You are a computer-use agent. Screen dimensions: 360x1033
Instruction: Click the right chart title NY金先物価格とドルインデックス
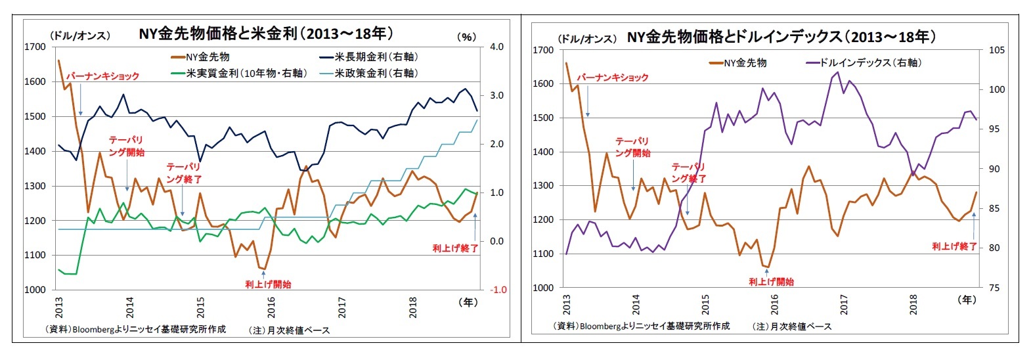(781, 37)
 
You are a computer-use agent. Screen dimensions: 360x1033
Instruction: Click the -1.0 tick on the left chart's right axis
(498, 290)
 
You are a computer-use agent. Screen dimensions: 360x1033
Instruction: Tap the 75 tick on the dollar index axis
(994, 288)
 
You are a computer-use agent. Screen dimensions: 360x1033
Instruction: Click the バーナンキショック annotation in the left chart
(102, 76)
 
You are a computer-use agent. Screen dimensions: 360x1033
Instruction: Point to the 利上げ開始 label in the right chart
(771, 282)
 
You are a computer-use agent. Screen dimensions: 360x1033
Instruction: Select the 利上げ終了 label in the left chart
(454, 248)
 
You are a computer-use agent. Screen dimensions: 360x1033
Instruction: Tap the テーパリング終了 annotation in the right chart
(688, 173)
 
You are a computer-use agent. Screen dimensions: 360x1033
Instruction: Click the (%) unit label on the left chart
(466, 37)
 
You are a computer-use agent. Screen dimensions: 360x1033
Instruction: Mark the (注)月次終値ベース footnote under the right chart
(791, 326)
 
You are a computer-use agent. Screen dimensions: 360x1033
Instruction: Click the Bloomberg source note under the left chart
(135, 329)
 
